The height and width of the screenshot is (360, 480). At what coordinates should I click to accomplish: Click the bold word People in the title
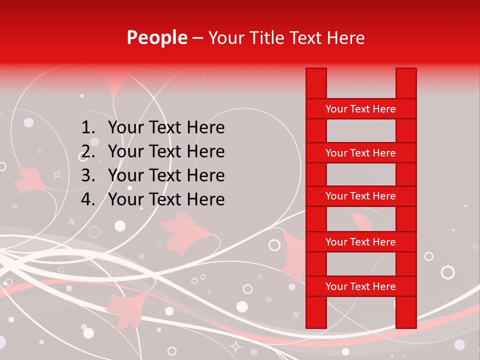(x=156, y=38)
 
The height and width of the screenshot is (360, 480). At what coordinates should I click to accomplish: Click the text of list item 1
(x=166, y=128)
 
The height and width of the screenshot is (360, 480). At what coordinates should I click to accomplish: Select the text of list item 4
(x=166, y=199)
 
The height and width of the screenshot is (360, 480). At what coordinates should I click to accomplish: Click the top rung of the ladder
(x=360, y=109)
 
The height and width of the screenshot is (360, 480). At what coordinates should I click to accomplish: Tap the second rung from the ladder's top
(x=360, y=153)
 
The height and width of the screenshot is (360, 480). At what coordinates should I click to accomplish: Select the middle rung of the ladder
(x=360, y=196)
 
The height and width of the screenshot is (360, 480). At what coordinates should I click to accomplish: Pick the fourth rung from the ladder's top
(x=360, y=242)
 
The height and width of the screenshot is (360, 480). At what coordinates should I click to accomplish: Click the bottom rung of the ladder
(x=360, y=286)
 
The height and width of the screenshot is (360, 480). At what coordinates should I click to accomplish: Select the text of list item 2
(x=166, y=151)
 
